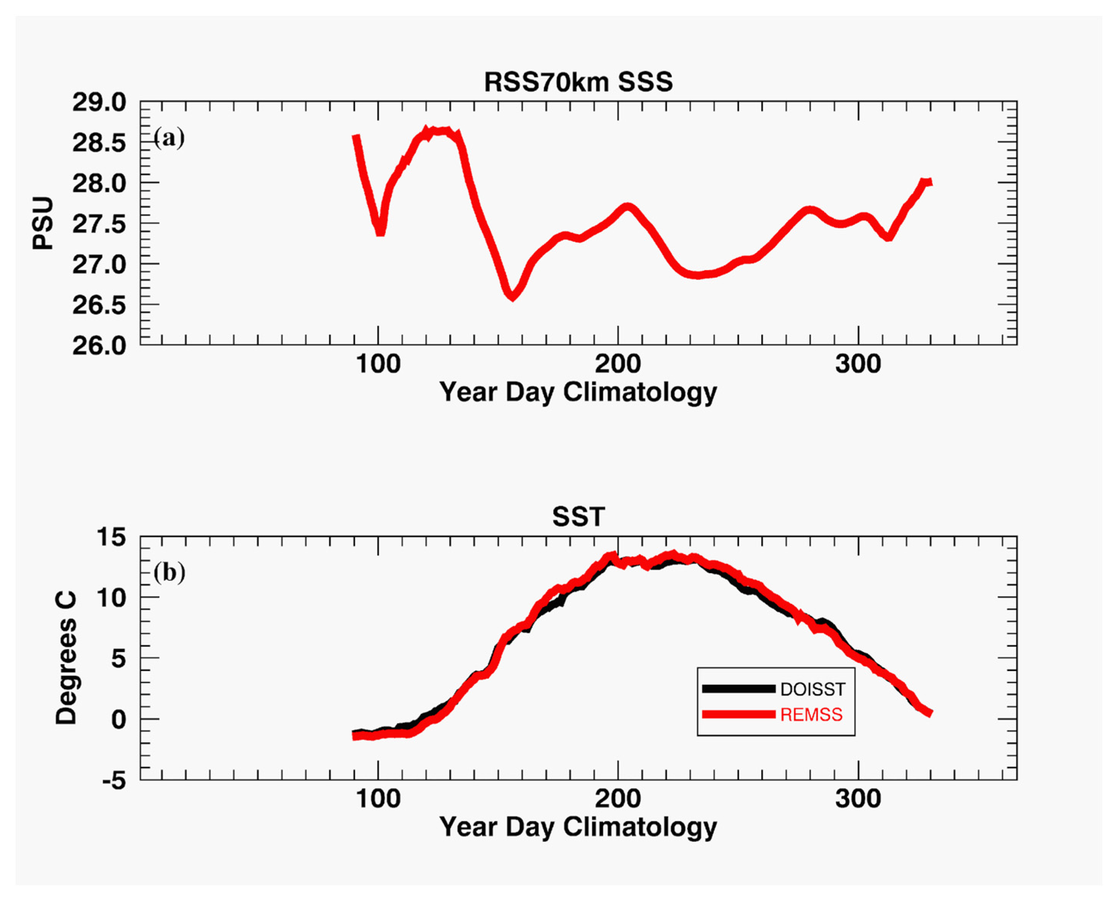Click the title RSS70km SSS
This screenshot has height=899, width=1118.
tap(578, 82)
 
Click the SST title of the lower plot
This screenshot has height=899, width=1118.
tap(578, 517)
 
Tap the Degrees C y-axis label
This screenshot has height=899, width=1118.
tap(67, 658)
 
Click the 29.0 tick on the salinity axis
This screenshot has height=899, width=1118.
tap(99, 102)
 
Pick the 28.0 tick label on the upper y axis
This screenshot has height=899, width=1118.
tap(99, 184)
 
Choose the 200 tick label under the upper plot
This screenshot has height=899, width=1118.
tap(617, 364)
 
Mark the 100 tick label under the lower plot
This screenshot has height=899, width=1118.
tap(378, 799)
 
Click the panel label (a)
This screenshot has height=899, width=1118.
tap(169, 138)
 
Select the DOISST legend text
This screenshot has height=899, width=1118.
tap(812, 689)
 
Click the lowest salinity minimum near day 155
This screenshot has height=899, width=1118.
tap(512, 296)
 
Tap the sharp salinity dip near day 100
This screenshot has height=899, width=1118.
tap(380, 231)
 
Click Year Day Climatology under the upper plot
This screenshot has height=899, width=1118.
tap(578, 392)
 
